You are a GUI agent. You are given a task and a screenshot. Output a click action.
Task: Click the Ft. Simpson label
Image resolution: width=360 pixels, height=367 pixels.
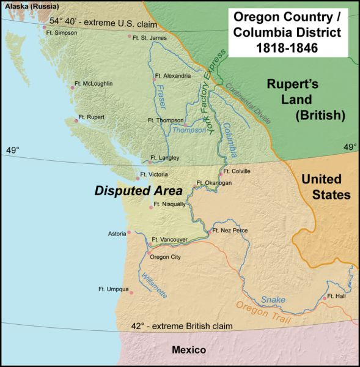(63, 33)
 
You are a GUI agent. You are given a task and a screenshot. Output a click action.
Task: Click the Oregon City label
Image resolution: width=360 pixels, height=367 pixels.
(166, 257)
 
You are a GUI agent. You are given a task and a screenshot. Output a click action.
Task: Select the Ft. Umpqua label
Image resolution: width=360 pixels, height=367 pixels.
(113, 289)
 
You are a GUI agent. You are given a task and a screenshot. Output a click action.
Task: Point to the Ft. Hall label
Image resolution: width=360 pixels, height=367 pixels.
(337, 296)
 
